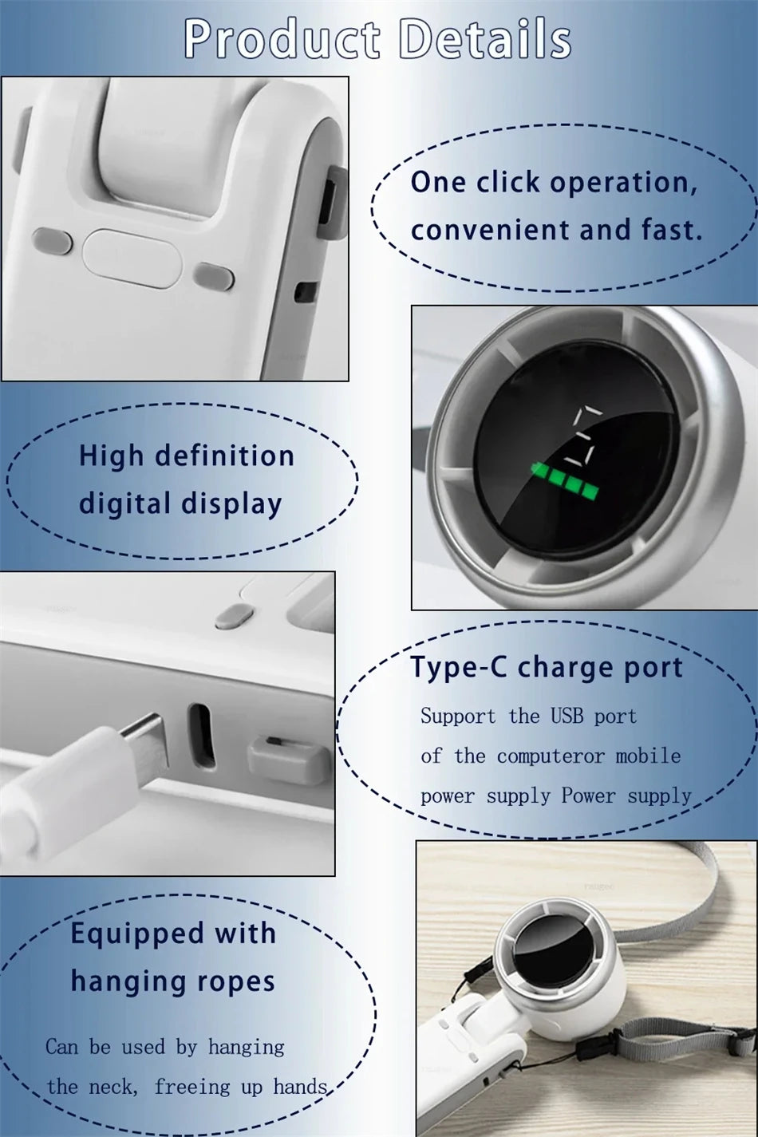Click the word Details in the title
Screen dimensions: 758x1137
point(485,38)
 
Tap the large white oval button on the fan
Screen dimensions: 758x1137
point(132,258)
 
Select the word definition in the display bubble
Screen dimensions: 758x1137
point(224,455)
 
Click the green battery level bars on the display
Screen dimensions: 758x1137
point(565,480)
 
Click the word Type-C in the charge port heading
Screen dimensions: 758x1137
point(459,669)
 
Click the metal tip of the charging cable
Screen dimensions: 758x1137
point(144,742)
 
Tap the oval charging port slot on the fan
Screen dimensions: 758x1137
point(202,736)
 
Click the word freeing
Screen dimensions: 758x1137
point(192,1088)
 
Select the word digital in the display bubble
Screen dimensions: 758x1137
point(124,503)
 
